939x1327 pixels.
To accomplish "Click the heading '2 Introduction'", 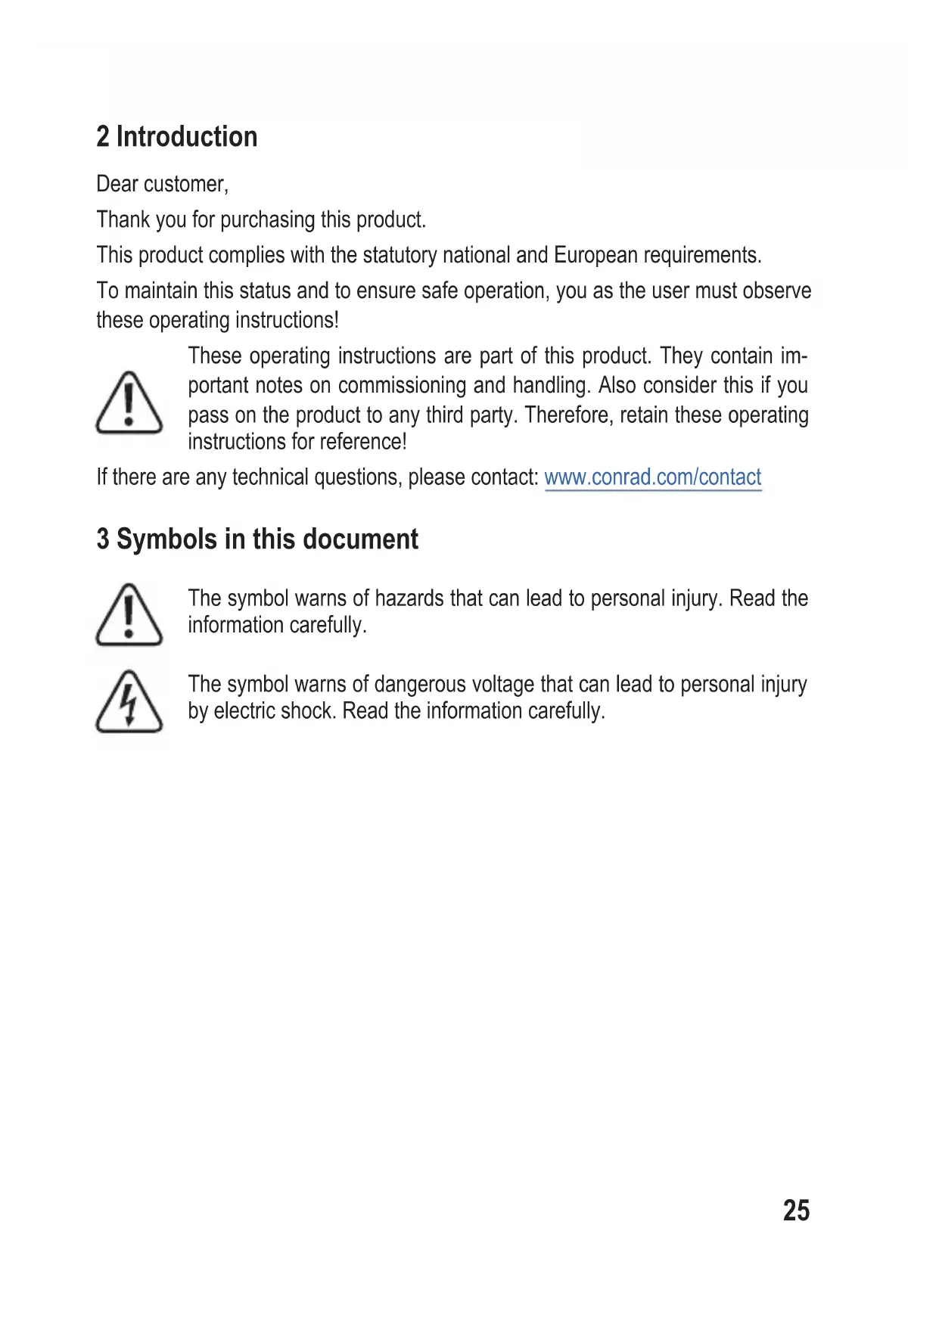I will coord(177,137).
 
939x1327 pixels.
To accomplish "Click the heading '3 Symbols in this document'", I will coord(257,539).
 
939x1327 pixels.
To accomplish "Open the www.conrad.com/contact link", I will coord(652,477).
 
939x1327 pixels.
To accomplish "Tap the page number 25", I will coord(796,1210).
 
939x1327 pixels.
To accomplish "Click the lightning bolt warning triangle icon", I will coord(129,701).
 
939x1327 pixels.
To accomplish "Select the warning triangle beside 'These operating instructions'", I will coord(129,402).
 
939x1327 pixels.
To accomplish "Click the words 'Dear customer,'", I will coord(162,184).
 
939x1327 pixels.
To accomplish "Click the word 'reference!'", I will coord(369,442).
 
